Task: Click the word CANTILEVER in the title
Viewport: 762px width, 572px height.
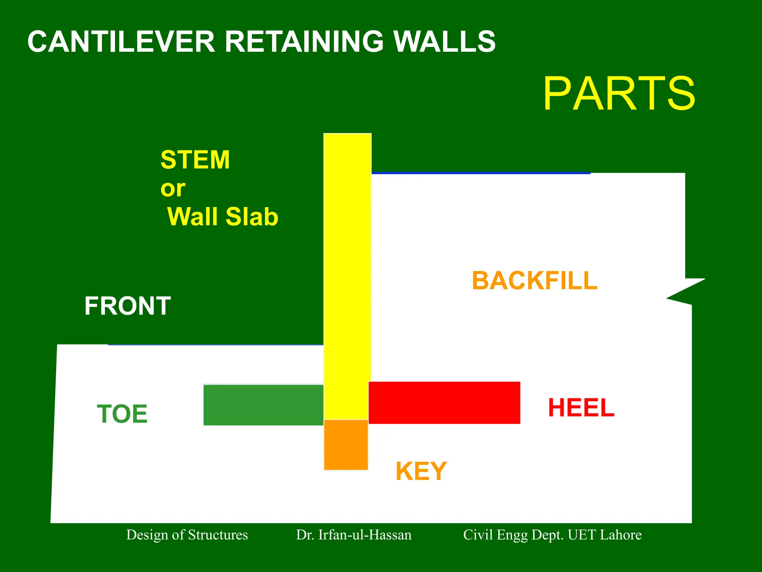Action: pyautogui.click(x=121, y=42)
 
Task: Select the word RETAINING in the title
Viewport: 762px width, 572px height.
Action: pyautogui.click(x=304, y=42)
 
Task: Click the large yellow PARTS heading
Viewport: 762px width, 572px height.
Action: pyautogui.click(x=619, y=93)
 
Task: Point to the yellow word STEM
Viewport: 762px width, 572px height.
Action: pyautogui.click(x=195, y=160)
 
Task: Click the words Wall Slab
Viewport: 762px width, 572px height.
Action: pyautogui.click(x=222, y=217)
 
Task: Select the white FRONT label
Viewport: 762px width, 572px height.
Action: pyautogui.click(x=127, y=306)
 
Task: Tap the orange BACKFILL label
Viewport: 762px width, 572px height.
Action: pyautogui.click(x=535, y=281)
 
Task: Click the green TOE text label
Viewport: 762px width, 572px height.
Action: pyautogui.click(x=122, y=414)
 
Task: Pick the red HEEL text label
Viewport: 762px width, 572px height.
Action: pyautogui.click(x=581, y=408)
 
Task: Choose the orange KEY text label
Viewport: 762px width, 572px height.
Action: pyautogui.click(x=421, y=471)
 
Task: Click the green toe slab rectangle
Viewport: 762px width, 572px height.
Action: pyautogui.click(x=263, y=405)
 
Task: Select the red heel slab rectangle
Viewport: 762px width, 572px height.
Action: pyautogui.click(x=444, y=403)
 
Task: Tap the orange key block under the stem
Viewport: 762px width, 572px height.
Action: pyautogui.click(x=346, y=445)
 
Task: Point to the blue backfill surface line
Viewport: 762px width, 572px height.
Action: pyautogui.click(x=480, y=173)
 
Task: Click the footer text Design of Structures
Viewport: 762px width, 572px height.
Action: pyautogui.click(x=187, y=535)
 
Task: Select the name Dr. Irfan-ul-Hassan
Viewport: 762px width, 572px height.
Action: pyautogui.click(x=353, y=535)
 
